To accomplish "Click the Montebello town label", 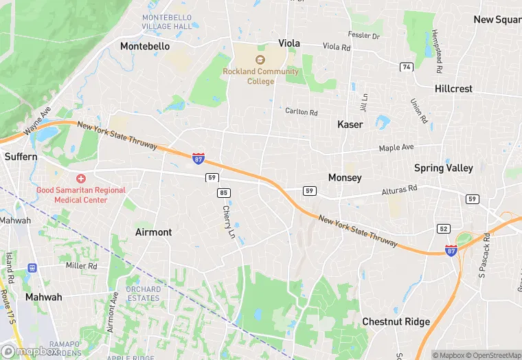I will click(145, 46).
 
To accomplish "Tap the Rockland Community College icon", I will click(260, 60).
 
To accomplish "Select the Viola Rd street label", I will click(337, 47).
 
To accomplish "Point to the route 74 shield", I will click(407, 67).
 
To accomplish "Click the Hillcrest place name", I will click(453, 89).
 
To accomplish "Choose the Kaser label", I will click(350, 124).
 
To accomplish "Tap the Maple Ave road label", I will click(398, 148).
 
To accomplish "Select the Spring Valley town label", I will click(443, 168).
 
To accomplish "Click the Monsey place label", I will click(345, 177).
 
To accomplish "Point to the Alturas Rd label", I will click(399, 188).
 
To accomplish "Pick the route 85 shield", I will click(223, 193).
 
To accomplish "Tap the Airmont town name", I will click(154, 232).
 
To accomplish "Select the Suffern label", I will click(21, 157).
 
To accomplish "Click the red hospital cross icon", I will click(80, 178).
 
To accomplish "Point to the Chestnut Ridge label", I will click(396, 322).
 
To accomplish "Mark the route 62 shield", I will click(444, 228).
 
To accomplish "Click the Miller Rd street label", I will click(81, 265).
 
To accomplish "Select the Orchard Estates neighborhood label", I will click(143, 293).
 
